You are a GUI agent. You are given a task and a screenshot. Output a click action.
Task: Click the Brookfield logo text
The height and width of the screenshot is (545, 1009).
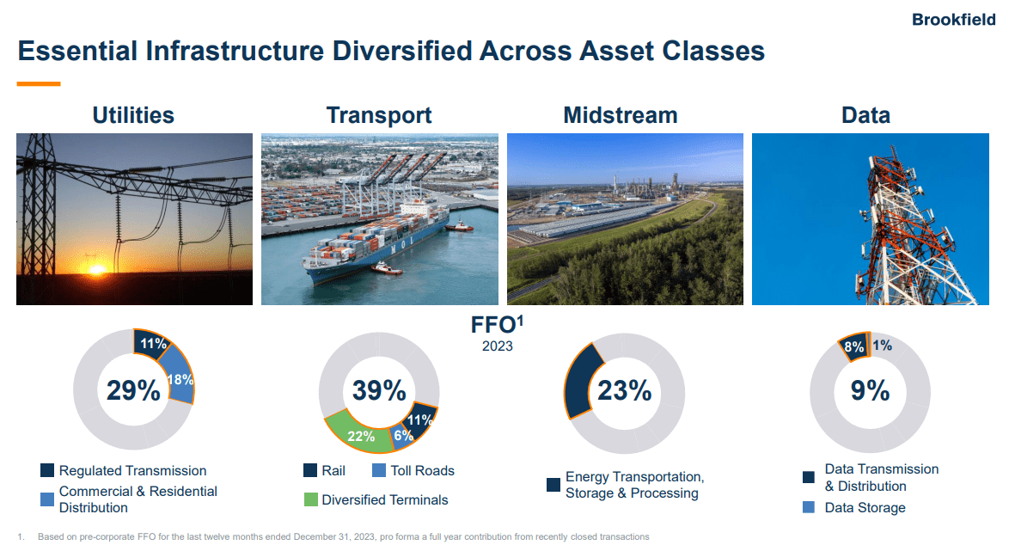[x=954, y=20]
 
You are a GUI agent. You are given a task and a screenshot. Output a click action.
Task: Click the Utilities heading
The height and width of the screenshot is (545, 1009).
[x=133, y=115]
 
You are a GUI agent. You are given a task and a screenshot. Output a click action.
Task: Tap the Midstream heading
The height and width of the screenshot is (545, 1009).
[x=620, y=115]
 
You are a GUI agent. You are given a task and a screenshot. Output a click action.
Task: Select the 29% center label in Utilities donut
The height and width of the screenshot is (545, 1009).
[x=133, y=390]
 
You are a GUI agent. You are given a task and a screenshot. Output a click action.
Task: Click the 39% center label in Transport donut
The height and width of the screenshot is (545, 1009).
[x=379, y=390]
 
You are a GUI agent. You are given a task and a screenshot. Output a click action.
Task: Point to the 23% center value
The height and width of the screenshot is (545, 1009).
[x=625, y=390]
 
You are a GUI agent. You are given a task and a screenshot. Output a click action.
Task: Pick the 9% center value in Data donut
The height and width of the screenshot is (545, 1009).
[x=870, y=390]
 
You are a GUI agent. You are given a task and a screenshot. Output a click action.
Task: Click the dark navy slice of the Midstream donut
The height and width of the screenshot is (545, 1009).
[x=578, y=378]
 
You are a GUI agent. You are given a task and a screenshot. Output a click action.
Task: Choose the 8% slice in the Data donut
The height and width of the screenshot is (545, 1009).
[x=853, y=346]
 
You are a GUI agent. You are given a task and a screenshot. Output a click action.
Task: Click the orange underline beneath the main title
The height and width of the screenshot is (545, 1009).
[x=39, y=84]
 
